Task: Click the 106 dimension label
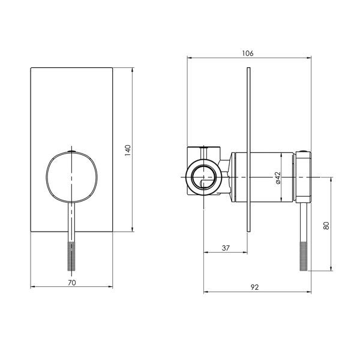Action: click(x=248, y=53)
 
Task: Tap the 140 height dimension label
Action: click(x=128, y=151)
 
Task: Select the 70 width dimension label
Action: click(x=71, y=283)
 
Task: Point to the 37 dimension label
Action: click(x=226, y=248)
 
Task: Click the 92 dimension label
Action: click(x=254, y=287)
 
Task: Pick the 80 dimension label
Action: click(x=326, y=226)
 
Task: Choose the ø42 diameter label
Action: click(x=278, y=178)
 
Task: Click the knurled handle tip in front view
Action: click(x=71, y=256)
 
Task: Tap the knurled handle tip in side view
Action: click(x=304, y=256)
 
